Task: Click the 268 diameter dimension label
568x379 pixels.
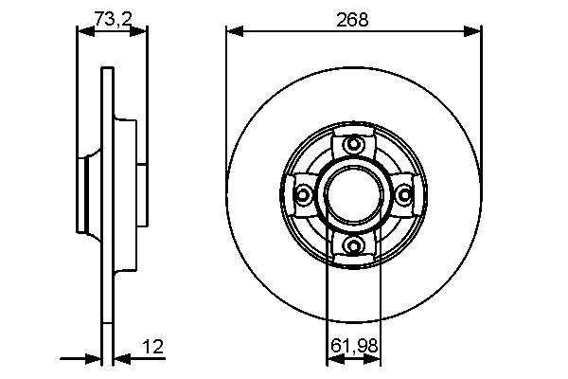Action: pos(352,20)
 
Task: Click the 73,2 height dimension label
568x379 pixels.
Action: pos(113,19)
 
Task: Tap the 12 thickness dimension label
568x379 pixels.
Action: pos(154,347)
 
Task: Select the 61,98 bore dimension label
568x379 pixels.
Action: pos(354,346)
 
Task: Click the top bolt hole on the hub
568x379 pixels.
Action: pos(353,145)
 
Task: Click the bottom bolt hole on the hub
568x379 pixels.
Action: pos(353,246)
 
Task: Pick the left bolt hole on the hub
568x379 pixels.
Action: pos(303,195)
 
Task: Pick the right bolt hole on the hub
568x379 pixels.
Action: pos(404,195)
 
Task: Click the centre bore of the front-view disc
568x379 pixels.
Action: pos(353,195)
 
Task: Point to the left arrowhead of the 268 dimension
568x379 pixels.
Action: pos(235,31)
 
